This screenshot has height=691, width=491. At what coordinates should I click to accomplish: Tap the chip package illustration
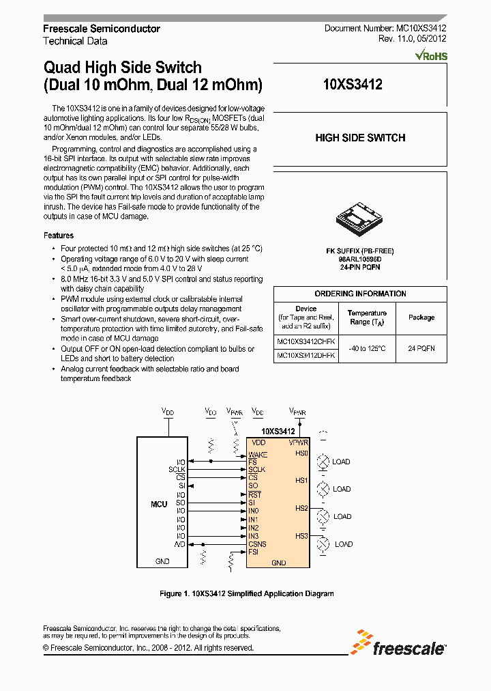pyautogui.click(x=359, y=217)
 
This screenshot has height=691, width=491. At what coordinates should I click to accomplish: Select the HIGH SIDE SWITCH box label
pyautogui.click(x=360, y=138)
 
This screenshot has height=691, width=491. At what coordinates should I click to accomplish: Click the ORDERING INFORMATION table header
pyautogui.click(x=360, y=294)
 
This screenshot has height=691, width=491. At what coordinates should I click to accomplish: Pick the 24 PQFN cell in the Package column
pyautogui.click(x=421, y=348)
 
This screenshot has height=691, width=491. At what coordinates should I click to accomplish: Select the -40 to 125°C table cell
pyautogui.click(x=368, y=348)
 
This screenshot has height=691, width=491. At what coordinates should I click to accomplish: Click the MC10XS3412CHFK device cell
pyautogui.click(x=306, y=341)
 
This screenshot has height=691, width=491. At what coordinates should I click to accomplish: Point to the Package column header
pyautogui.click(x=421, y=318)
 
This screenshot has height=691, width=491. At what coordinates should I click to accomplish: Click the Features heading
pyautogui.click(x=59, y=236)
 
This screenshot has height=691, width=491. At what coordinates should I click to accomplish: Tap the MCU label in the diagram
pyautogui.click(x=159, y=504)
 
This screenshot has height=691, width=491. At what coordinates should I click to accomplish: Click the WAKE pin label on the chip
pyautogui.click(x=258, y=454)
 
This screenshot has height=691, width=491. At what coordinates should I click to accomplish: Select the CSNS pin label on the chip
pyautogui.click(x=257, y=544)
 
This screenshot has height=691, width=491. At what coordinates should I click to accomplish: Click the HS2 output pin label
pyautogui.click(x=301, y=508)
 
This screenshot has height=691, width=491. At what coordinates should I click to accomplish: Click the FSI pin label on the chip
pyautogui.click(x=254, y=552)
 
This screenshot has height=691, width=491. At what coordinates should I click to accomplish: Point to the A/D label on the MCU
pyautogui.click(x=180, y=544)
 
